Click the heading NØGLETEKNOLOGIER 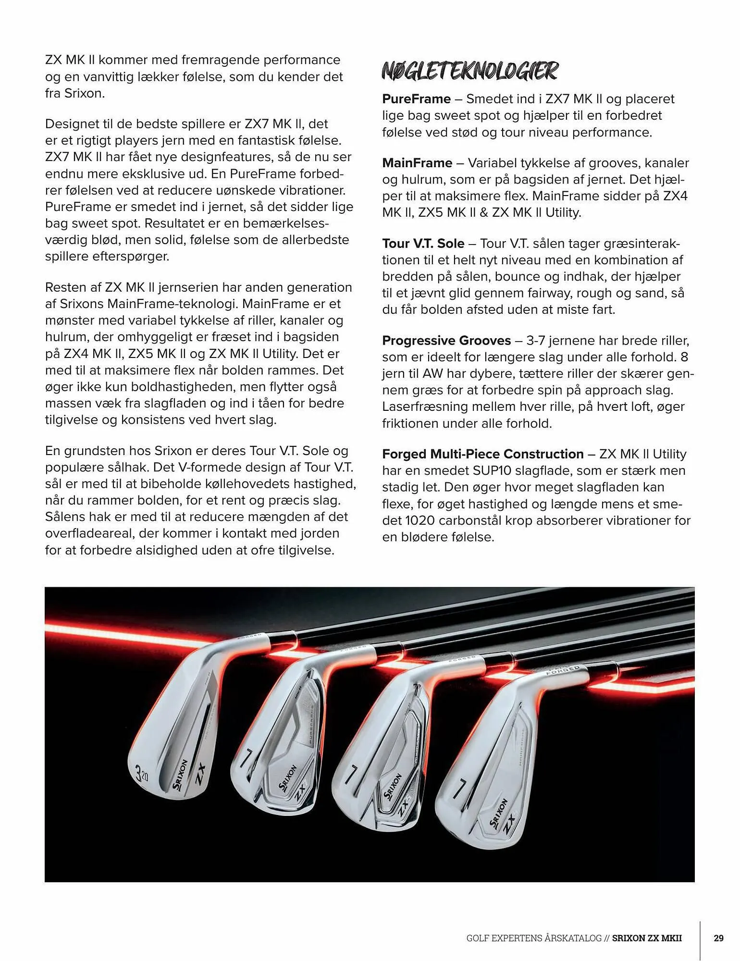(x=469, y=71)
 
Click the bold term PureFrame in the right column (x=416, y=99)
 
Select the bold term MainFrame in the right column (x=417, y=163)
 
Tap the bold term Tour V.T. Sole (x=423, y=244)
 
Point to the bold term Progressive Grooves (x=446, y=341)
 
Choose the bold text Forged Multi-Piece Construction (x=482, y=454)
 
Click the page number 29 (x=718, y=938)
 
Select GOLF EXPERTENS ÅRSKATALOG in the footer (x=533, y=938)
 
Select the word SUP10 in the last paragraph (x=496, y=471)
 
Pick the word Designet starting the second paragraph (x=73, y=124)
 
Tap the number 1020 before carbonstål (x=420, y=520)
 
